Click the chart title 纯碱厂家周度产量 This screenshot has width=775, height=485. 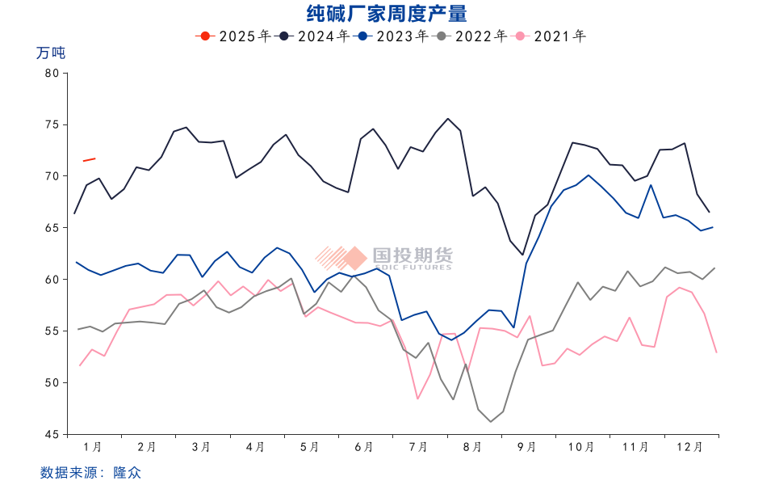(x=387, y=14)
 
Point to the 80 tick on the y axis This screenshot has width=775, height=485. (x=52, y=73)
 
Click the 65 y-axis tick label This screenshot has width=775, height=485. (x=52, y=228)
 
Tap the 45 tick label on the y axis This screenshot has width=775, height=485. (x=52, y=434)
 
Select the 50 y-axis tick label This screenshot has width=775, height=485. (x=52, y=382)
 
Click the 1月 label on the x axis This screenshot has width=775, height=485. (x=93, y=446)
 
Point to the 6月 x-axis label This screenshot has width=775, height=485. (x=364, y=446)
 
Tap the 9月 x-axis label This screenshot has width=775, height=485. (x=527, y=446)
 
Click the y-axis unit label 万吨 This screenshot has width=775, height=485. (x=51, y=53)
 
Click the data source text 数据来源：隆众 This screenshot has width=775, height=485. (x=90, y=472)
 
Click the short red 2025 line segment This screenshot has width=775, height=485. (x=89, y=159)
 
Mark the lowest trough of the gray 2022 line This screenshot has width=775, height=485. (x=490, y=421)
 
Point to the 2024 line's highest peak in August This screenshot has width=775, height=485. (x=448, y=119)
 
